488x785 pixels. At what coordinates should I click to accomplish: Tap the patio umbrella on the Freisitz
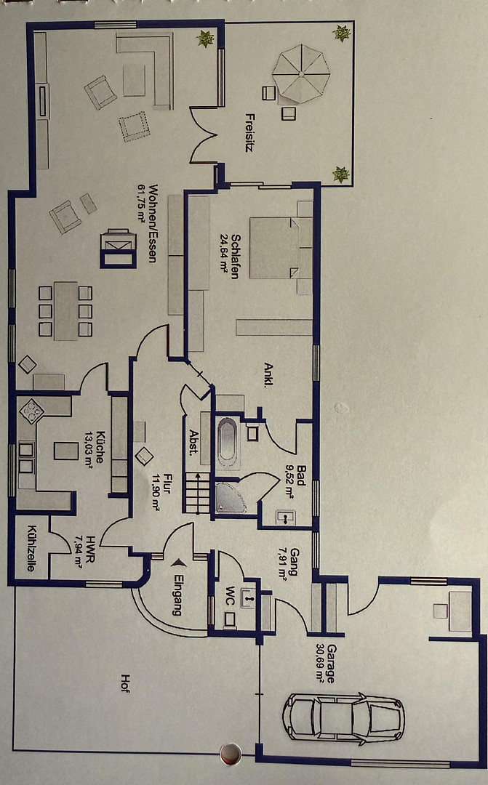point(301,74)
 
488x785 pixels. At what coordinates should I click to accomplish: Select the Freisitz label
point(249,132)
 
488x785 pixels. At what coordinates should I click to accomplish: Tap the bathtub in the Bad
point(227,440)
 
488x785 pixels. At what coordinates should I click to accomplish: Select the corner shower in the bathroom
point(230,497)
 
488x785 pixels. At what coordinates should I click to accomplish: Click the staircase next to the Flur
point(197,493)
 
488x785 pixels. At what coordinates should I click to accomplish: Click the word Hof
point(125,683)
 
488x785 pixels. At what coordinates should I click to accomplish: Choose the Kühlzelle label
point(31,548)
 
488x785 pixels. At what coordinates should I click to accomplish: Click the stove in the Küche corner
point(31,411)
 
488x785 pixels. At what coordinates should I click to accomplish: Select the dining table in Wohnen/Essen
point(65,311)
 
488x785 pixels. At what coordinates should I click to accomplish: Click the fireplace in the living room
point(119,249)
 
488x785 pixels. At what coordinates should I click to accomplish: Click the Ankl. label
point(268,375)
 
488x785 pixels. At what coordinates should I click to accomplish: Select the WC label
point(230,595)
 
